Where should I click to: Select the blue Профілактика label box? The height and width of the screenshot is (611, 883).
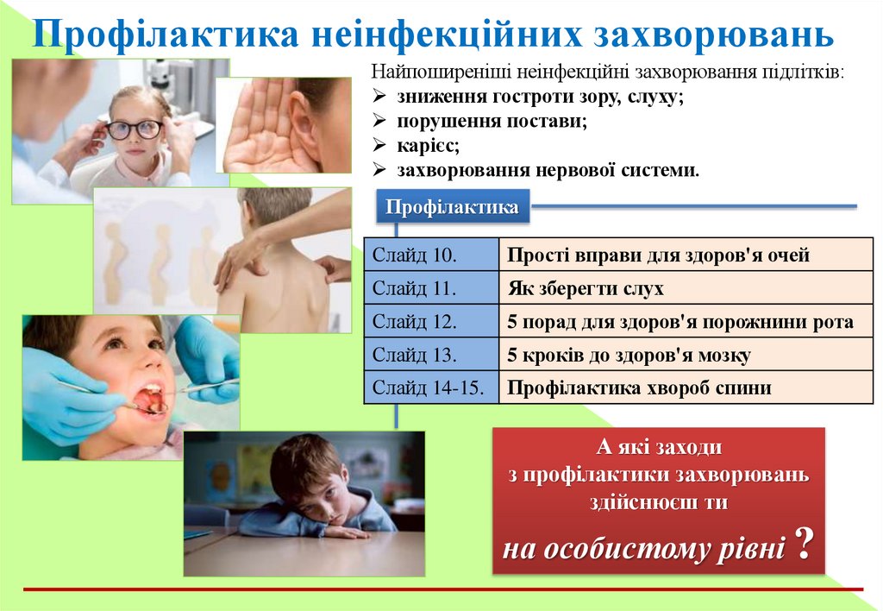click(x=452, y=207)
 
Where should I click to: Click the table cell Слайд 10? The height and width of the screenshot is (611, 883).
click(x=431, y=255)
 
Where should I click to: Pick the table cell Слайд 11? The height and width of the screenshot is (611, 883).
click(x=431, y=288)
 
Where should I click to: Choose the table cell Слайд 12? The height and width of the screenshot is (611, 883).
click(x=431, y=322)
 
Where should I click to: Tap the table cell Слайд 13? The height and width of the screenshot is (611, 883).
click(x=431, y=355)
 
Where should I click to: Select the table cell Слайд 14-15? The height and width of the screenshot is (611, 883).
click(x=431, y=387)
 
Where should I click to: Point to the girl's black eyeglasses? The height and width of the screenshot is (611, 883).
click(x=135, y=129)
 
